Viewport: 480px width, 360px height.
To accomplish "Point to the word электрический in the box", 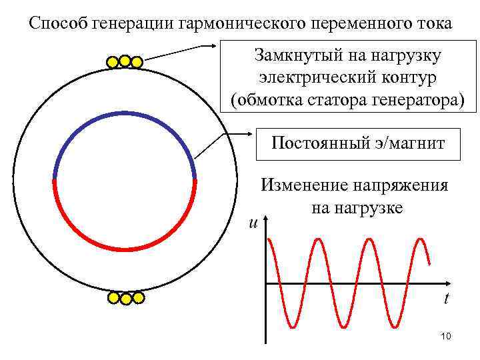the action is click(307, 78).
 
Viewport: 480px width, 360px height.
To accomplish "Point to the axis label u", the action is click(253, 223).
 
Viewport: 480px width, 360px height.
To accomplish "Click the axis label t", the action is click(446, 298).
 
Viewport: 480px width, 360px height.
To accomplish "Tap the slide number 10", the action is click(446, 337).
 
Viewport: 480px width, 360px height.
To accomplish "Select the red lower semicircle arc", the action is click(124, 249).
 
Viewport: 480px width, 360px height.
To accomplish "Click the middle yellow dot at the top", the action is click(124, 61).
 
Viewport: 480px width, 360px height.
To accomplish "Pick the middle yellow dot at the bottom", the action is click(125, 299).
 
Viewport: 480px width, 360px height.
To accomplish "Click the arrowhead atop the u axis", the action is click(266, 221).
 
